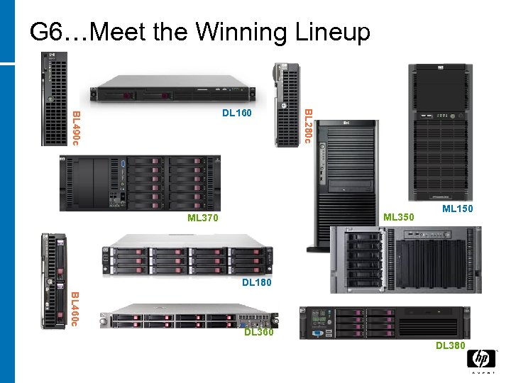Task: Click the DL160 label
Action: (236, 112)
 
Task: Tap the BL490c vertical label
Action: (76, 128)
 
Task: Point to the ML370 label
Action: (203, 218)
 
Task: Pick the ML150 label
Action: (457, 209)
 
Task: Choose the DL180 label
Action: (256, 283)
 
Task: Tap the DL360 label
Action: (258, 332)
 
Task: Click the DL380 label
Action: (451, 345)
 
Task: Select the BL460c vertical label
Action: (76, 309)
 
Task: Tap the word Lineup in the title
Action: (335, 32)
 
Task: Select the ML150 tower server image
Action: (438, 131)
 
